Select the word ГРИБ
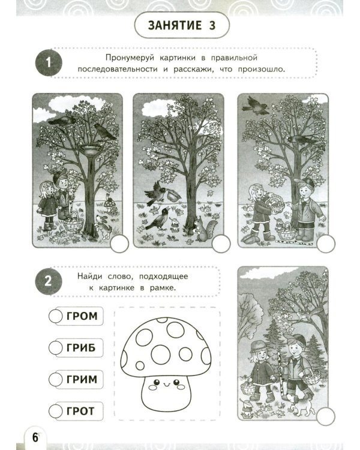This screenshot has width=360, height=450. [83, 347]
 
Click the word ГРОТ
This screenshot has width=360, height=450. [83, 412]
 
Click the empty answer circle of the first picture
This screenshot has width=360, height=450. [118, 243]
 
